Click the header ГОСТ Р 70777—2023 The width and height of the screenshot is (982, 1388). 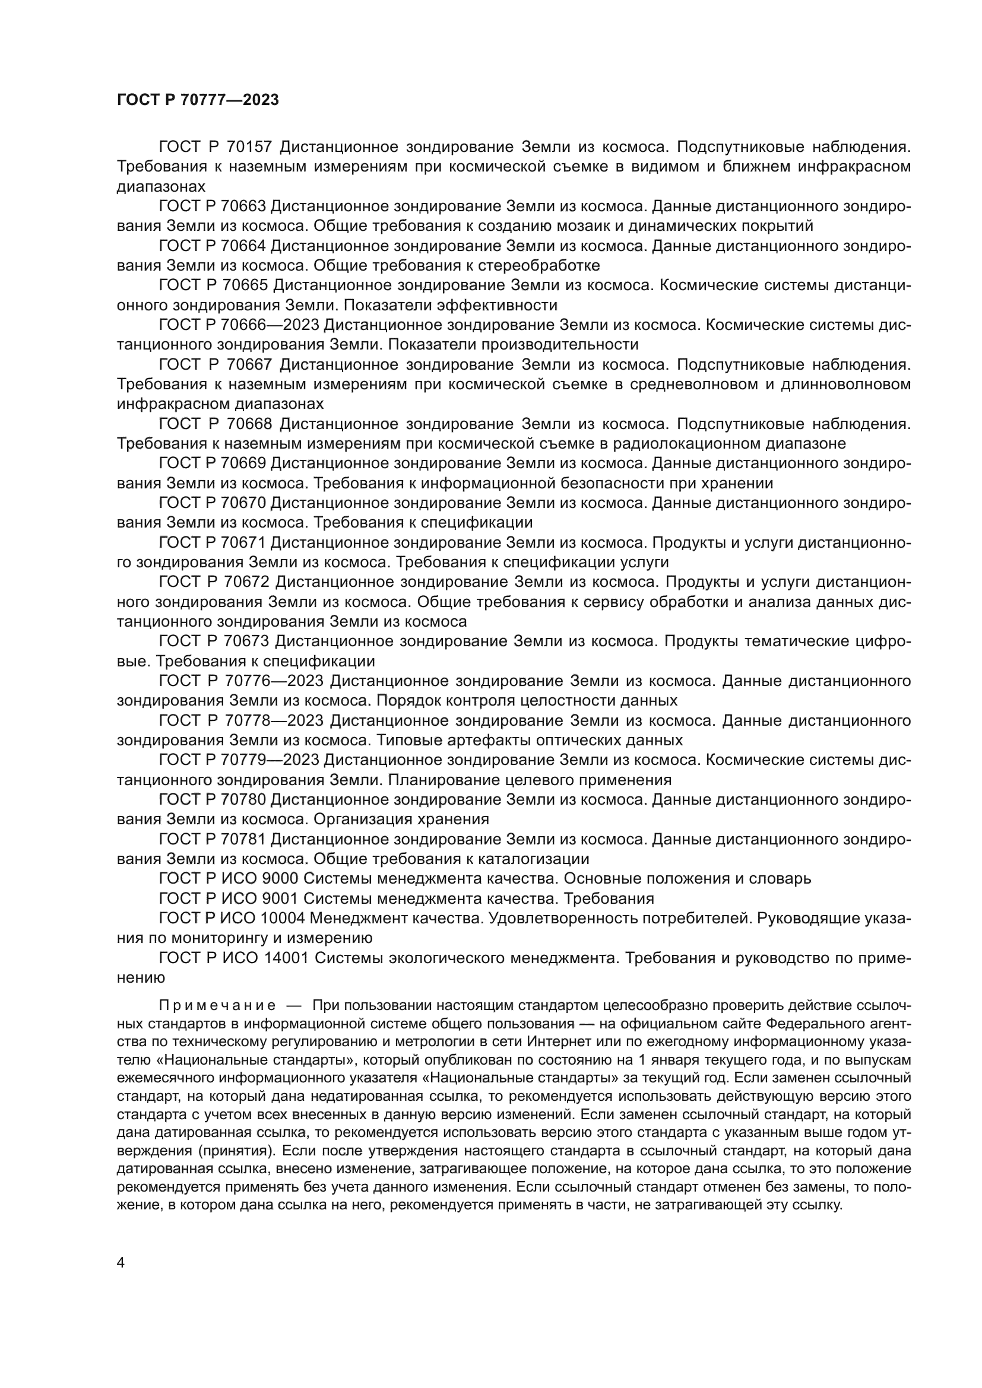198,100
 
